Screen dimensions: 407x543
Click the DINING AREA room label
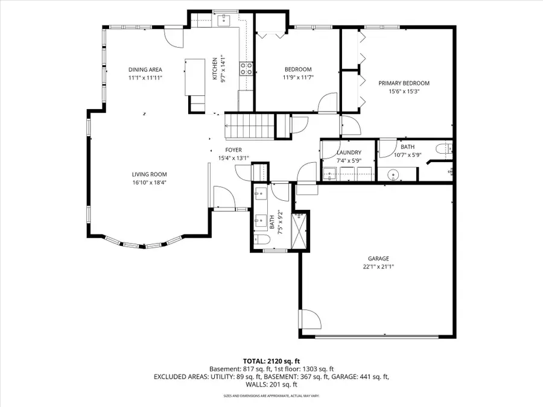tap(145, 69)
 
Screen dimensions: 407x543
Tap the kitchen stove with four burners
tap(247, 69)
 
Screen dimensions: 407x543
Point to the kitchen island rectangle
tap(195, 77)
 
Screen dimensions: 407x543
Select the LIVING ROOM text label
tap(150, 175)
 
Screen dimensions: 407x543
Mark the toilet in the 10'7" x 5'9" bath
tap(443, 148)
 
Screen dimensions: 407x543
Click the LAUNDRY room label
tap(349, 153)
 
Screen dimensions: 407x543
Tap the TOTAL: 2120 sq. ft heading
tap(271, 361)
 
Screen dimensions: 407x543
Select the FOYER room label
tap(233, 150)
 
